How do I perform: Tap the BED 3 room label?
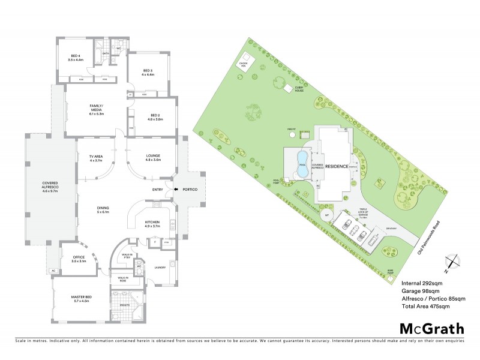[x=148, y=73]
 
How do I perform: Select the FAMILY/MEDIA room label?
[x=96, y=109]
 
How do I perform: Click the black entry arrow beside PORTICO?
[x=176, y=190]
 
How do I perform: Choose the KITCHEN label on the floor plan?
[x=152, y=224]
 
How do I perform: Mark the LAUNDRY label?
[x=160, y=267]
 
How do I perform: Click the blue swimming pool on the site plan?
[x=302, y=163]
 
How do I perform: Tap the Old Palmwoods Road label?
[x=431, y=236]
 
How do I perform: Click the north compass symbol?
[x=453, y=262]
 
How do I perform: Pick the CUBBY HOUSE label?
[x=301, y=88]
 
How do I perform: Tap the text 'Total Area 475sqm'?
[x=425, y=307]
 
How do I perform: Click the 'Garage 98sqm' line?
[x=420, y=290]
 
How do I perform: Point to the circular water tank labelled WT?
[x=327, y=214]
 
